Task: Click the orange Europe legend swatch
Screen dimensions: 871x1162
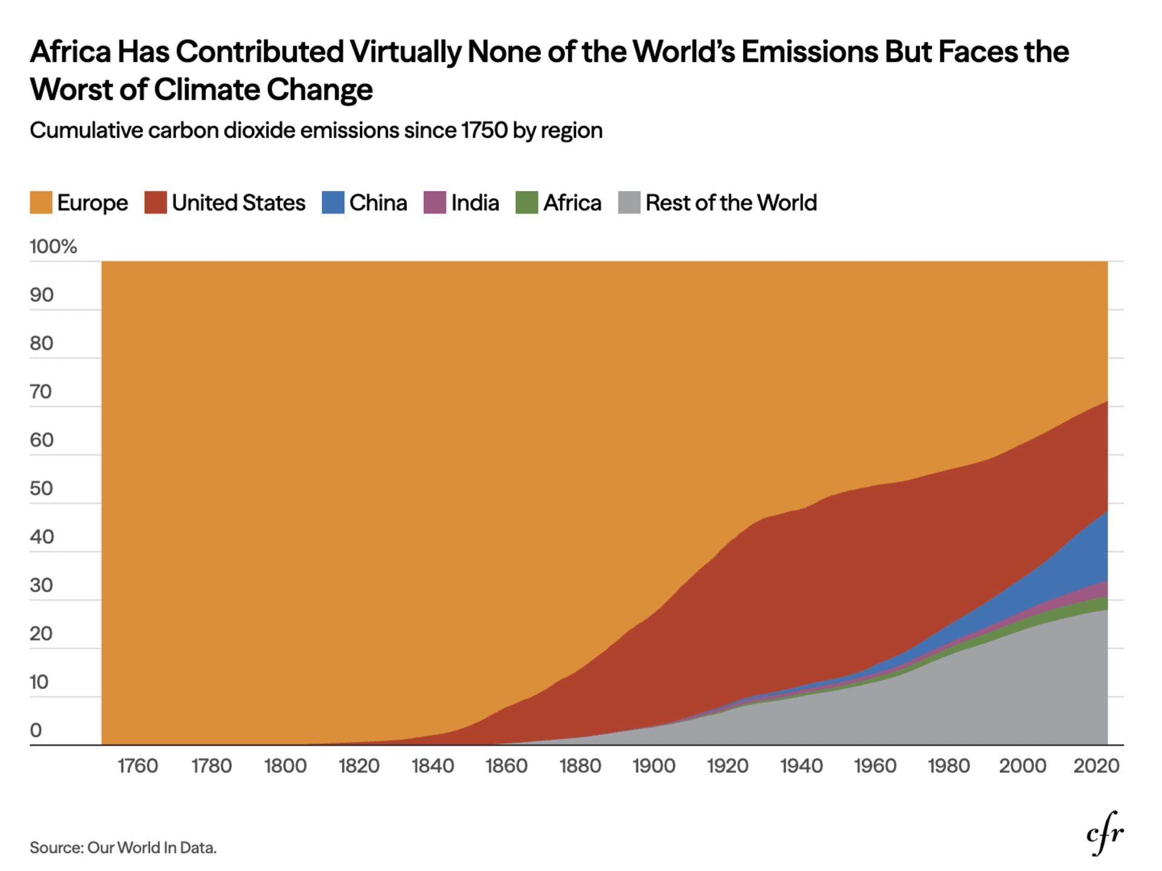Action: (41, 203)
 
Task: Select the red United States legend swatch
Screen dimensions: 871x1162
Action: (156, 203)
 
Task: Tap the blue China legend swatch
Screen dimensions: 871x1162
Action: (333, 203)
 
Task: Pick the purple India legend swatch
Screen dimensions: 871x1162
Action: (435, 203)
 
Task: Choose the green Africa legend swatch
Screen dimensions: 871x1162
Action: (527, 203)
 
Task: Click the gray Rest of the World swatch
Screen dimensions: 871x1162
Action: (629, 203)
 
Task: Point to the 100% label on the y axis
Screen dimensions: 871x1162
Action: (53, 247)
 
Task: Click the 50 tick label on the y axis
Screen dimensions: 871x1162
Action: (41, 489)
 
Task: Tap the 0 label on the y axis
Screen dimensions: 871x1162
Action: (36, 731)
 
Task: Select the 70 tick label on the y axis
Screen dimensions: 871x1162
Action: (41, 392)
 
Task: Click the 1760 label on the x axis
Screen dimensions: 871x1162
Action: (137, 766)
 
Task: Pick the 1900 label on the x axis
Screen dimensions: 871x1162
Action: (654, 766)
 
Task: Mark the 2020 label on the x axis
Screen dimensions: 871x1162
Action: (1096, 766)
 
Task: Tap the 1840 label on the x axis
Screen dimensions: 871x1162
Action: (433, 766)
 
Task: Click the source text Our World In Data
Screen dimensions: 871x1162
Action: (151, 848)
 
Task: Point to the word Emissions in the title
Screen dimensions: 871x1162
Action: (809, 52)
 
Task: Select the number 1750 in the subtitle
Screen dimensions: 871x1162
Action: (484, 131)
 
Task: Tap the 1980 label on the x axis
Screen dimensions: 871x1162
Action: (948, 766)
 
